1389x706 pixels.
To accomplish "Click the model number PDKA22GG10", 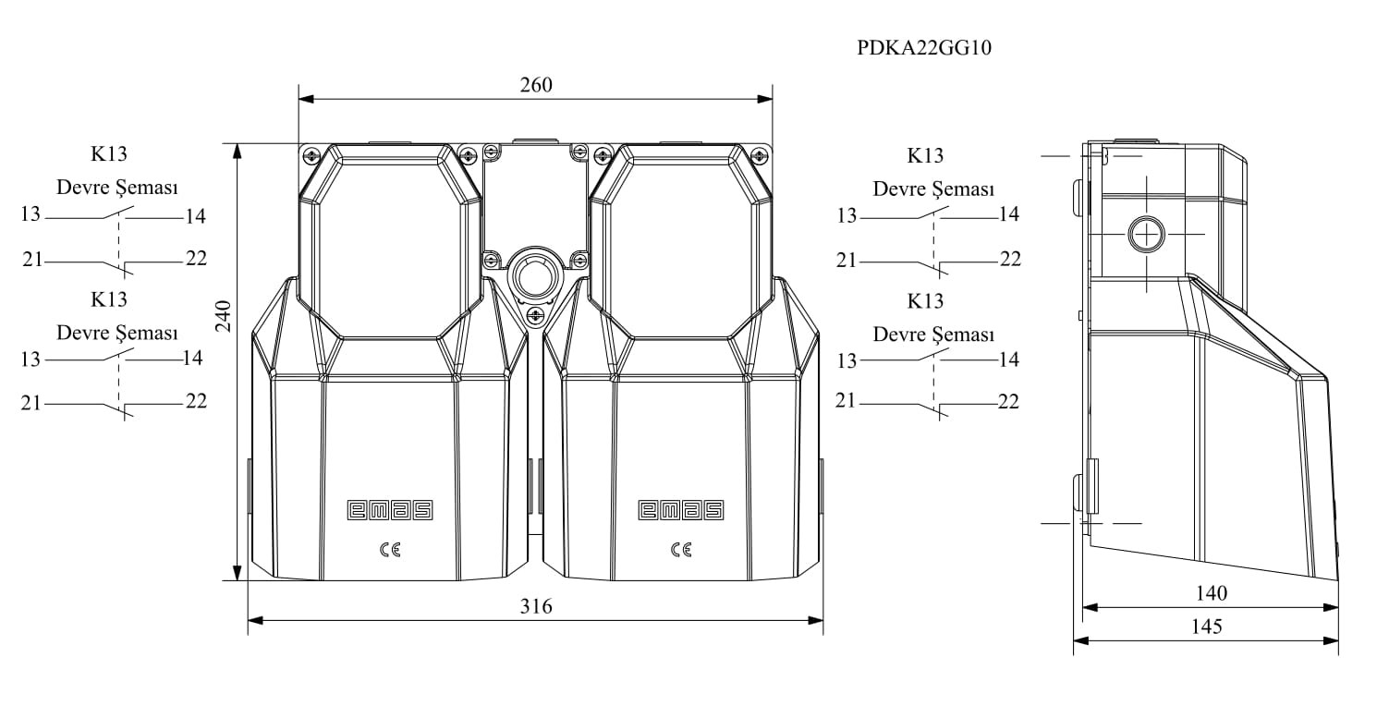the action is (924, 48).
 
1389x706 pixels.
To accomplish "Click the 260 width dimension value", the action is (536, 85).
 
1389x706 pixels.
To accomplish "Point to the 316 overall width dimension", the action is (536, 606).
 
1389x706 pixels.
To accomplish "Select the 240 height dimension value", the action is (224, 316).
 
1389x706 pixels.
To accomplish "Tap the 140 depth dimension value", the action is (1211, 593).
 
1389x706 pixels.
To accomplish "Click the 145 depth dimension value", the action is (1207, 627).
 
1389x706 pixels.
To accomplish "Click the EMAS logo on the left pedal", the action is (390, 510).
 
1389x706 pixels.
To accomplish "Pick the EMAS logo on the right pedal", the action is (681, 510).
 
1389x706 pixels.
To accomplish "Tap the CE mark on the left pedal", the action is (390, 550).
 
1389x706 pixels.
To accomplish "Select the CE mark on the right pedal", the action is (681, 550).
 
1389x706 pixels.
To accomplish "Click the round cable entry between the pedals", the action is (534, 274).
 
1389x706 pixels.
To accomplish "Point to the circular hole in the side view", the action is (1146, 235).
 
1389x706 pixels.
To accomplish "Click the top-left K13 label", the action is (108, 153).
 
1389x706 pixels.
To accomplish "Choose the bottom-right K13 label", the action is (925, 301).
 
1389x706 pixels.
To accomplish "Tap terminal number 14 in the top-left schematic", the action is (195, 216).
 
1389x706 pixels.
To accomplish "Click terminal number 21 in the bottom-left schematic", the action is (31, 404).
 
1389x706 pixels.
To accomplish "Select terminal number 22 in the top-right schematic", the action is (1010, 259).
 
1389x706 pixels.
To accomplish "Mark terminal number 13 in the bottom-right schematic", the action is (847, 360).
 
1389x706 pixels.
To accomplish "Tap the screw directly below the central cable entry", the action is (534, 317).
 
